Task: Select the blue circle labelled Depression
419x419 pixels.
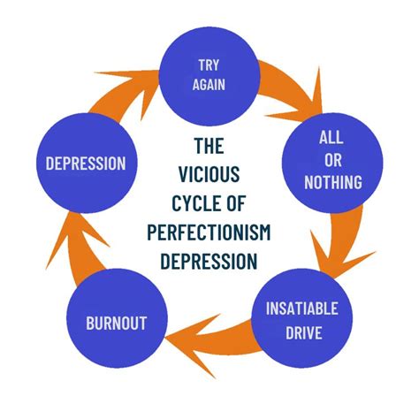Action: coord(87,164)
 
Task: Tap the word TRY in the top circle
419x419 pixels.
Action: coord(210,65)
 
